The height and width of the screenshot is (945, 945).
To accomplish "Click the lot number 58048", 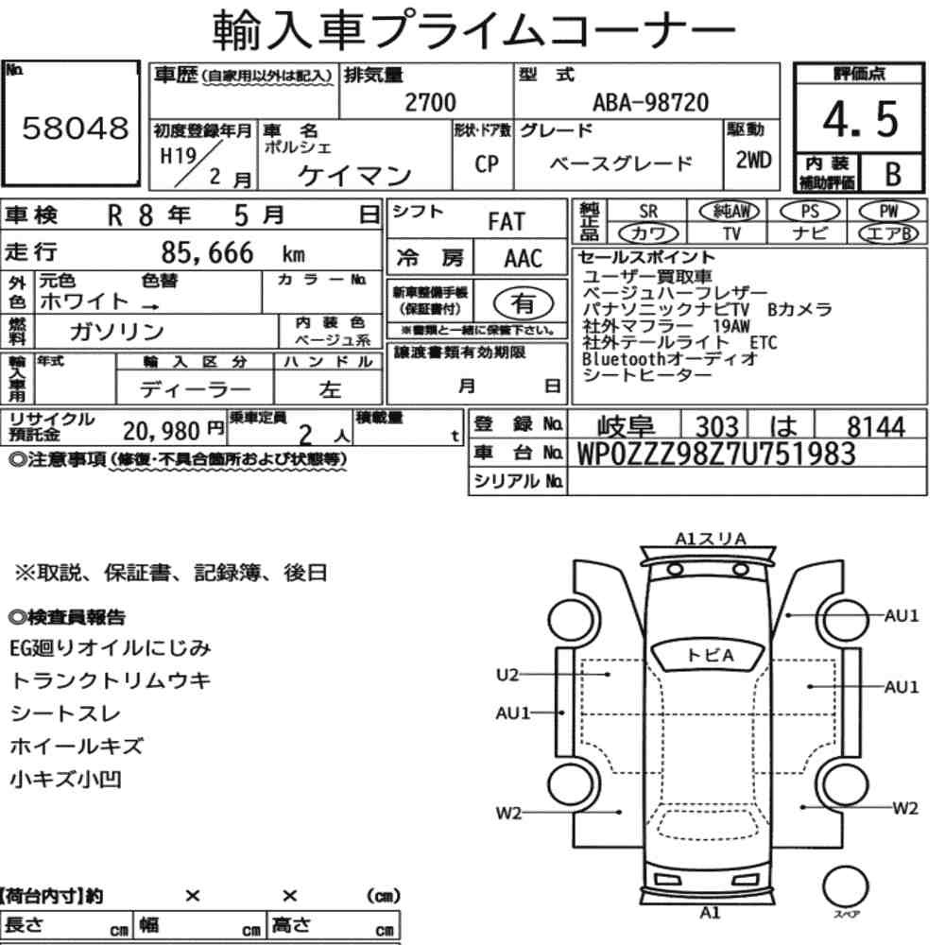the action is coord(76,128).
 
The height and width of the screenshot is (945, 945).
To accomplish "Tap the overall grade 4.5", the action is coord(860,119).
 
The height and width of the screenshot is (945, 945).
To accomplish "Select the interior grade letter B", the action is coord(893,174).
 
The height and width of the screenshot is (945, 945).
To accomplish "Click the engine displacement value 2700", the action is coord(430,102).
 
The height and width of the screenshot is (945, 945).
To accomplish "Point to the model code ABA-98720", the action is coord(650,102).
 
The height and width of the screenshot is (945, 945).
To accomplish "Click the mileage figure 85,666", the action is coord(207,252).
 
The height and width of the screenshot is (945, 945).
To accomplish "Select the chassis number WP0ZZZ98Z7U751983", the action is coord(716,454).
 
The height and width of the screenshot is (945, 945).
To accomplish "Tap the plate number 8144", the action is coord(876,426).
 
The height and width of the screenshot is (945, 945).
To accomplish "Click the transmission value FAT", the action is coord(507,222).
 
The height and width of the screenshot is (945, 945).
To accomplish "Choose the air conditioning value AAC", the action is coord(523,259).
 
